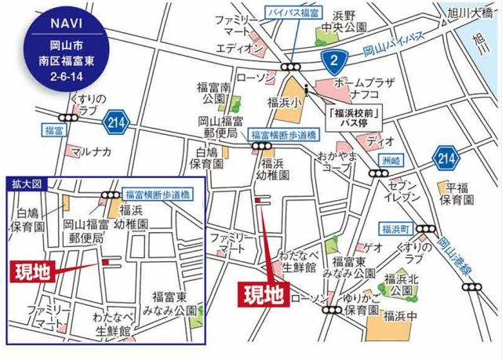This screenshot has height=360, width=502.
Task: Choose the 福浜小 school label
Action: [280, 102]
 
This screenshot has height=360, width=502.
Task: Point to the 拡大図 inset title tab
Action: [25, 184]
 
